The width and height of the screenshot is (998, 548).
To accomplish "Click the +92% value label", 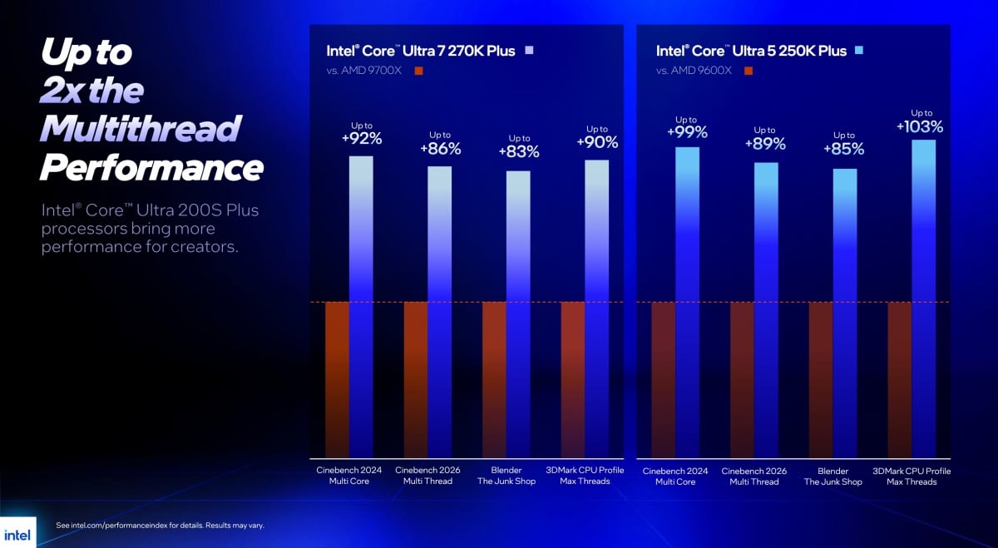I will [362, 139].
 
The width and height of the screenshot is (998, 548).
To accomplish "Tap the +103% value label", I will [920, 126].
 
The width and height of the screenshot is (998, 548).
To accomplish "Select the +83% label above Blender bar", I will [519, 151].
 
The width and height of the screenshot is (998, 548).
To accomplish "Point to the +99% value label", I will [687, 132].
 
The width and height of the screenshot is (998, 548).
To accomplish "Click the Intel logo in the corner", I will [17, 534].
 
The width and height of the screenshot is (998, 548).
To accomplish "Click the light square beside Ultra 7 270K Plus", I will [529, 51].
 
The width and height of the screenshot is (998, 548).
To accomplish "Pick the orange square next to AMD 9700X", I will [418, 71].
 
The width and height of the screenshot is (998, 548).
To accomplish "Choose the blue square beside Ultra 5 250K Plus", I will [859, 51].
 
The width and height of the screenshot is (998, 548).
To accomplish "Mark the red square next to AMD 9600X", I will [748, 71].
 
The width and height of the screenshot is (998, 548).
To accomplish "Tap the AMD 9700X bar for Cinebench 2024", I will [337, 379].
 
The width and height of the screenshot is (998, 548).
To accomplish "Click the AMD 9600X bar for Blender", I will [821, 379].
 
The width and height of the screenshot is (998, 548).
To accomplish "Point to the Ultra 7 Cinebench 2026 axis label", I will [428, 476].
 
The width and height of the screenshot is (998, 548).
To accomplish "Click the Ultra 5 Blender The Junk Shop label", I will [832, 476].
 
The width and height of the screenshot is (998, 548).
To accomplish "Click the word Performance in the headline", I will [151, 168].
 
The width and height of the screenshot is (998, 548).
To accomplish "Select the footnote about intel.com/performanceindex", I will [160, 526].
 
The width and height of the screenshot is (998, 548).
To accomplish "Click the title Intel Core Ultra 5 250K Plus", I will [751, 51].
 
